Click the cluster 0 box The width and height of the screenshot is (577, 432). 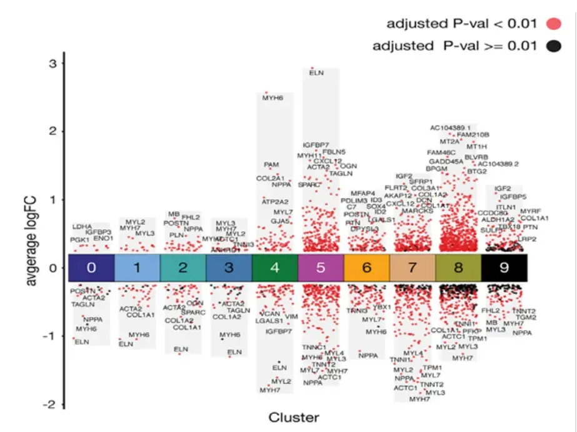(x=91, y=268)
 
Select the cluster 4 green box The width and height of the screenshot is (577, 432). (x=275, y=268)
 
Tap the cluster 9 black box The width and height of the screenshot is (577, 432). (x=504, y=268)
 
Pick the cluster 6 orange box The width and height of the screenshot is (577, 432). (x=366, y=268)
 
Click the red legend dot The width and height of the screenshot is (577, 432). (x=553, y=24)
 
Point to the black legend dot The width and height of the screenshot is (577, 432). (x=553, y=46)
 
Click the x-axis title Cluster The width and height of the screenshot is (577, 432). (x=293, y=417)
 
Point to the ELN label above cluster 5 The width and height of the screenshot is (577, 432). (x=316, y=73)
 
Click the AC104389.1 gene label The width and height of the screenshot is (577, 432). (x=450, y=127)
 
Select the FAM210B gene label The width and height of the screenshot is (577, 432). (x=473, y=134)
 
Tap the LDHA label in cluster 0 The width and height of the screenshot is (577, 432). (x=81, y=227)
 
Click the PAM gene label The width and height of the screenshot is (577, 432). (x=271, y=165)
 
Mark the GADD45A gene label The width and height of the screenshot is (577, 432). (x=446, y=161)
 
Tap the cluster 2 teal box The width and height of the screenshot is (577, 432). (x=183, y=268)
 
